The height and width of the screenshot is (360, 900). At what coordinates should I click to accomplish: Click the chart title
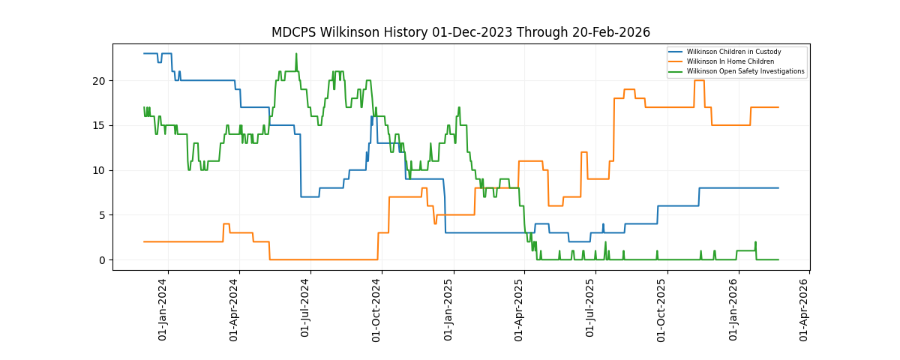460,32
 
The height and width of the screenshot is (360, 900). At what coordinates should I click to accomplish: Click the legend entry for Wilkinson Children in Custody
733,52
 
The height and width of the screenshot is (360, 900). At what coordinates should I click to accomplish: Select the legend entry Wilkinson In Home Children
730,61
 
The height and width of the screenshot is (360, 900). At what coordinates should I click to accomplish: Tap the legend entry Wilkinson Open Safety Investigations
745,71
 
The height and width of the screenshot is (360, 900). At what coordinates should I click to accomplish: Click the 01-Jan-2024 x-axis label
163,310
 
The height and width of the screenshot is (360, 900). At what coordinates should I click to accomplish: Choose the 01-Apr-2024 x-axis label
234,310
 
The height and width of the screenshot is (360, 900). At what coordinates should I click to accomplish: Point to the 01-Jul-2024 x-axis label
305,310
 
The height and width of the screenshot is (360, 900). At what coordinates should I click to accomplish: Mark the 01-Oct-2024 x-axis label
377,310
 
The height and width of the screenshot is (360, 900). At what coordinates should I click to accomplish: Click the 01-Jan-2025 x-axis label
449,310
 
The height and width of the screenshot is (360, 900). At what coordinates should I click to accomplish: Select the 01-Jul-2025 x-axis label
590,310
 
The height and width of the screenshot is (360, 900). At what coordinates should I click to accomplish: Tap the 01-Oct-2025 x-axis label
662,310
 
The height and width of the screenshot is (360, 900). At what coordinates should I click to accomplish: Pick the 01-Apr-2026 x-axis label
804,310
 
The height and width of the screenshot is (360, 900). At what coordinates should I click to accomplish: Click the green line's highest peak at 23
296,54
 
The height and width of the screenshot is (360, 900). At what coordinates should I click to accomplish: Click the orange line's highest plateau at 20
699,80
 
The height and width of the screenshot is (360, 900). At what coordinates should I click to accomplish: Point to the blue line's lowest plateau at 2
579,241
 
